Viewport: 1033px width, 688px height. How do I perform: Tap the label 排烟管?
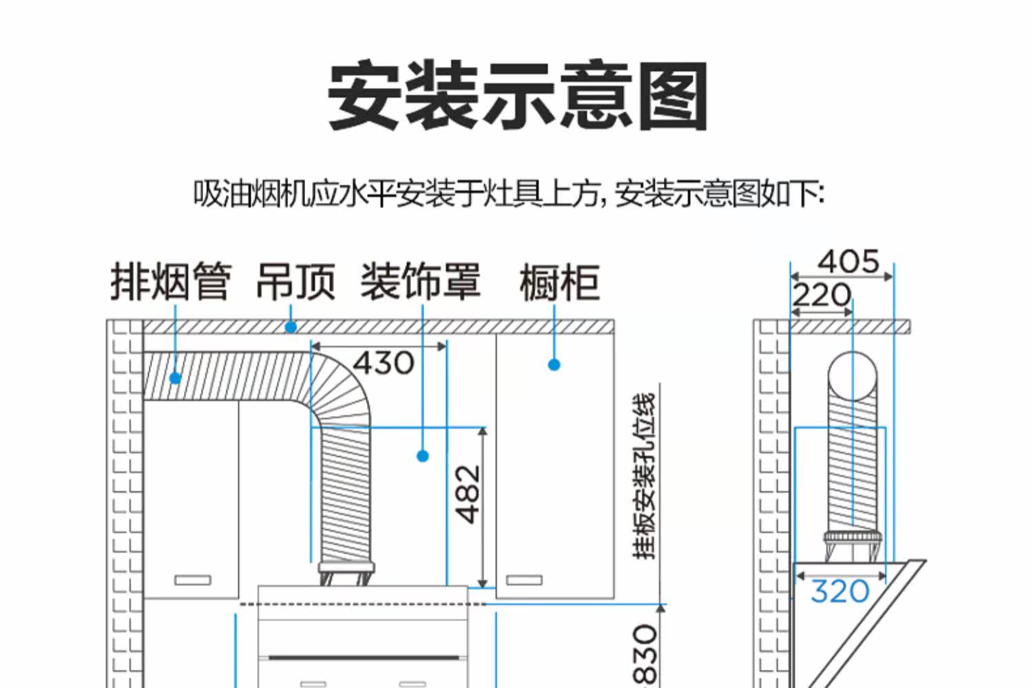coord(170,282)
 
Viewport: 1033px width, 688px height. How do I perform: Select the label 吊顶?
coord(295,282)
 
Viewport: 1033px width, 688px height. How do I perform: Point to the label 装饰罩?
coord(420,282)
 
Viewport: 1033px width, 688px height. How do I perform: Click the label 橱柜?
coord(559,282)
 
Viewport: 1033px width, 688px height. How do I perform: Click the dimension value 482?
coord(468,494)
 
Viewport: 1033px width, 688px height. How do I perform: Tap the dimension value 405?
coord(848,262)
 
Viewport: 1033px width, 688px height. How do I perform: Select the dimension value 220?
coord(821,295)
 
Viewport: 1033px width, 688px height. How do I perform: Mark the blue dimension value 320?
coord(839,592)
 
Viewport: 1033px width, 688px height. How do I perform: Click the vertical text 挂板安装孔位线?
coord(645,475)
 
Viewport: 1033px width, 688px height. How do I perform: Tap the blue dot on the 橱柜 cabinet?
coord(554,364)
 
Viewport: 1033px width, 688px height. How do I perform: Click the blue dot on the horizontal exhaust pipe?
coord(176,378)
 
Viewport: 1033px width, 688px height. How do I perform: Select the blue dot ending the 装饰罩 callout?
coord(423,456)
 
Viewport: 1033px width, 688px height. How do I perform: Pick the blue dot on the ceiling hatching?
coord(291,327)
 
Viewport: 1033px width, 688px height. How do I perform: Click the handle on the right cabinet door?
coord(525,580)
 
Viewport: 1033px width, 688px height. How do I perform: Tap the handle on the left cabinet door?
coord(193,580)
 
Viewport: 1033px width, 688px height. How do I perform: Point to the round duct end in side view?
coord(853,376)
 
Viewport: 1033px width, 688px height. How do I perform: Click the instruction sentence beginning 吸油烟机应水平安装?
coord(508,195)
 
